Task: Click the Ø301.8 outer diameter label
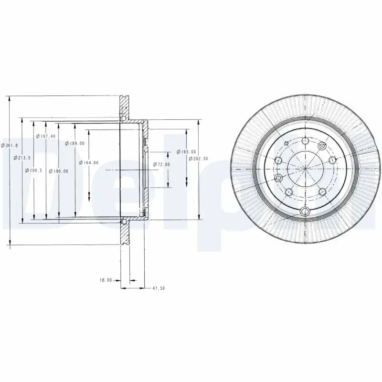coord(10,145)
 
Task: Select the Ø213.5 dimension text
coord(22,157)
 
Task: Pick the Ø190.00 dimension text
coord(58,170)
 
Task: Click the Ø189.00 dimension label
coord(75,143)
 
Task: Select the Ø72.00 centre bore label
coord(161,164)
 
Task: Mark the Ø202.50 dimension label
coord(198,158)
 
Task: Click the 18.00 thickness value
coord(106,280)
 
